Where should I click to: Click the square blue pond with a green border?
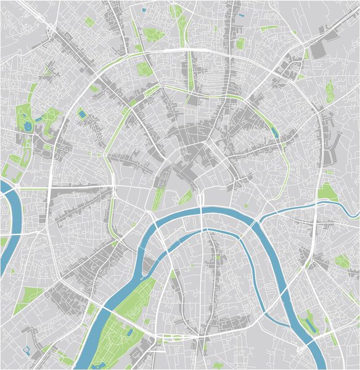pos(82,113)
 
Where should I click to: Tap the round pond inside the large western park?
pos(28,126)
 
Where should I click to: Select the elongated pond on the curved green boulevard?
pos(273,130)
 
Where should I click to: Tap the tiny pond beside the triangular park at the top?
pos(144,10)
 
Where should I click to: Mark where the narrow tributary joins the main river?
pos(261,220)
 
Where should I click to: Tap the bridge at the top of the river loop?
pos(201,212)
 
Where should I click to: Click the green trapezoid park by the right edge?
pos(327,192)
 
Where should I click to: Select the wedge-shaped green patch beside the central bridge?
pos(185,197)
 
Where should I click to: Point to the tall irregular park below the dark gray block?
pos(330,92)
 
